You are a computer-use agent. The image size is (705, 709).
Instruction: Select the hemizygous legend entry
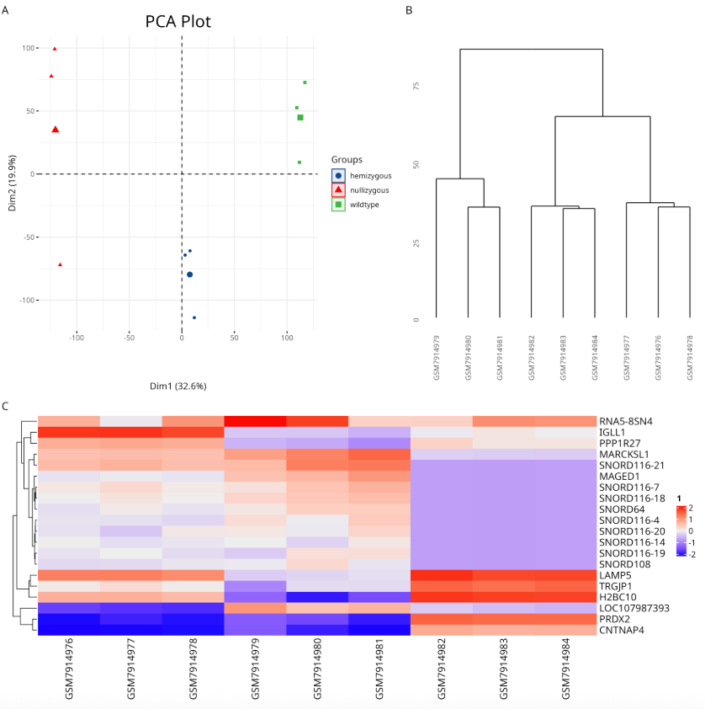tap(370, 175)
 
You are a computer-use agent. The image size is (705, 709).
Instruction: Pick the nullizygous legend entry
tap(370, 190)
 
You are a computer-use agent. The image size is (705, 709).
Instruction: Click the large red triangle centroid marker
tap(56, 130)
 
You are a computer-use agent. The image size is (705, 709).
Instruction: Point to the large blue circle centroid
tap(190, 275)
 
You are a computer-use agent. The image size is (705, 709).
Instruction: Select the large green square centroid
tap(300, 118)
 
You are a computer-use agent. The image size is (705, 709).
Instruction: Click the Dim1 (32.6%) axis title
tap(178, 386)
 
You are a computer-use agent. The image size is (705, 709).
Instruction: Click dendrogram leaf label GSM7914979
tap(437, 358)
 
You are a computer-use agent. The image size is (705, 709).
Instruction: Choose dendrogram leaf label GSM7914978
tap(690, 358)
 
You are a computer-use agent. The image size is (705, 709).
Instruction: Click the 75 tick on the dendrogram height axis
tap(416, 85)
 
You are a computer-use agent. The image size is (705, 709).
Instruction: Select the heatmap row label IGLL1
tap(612, 432)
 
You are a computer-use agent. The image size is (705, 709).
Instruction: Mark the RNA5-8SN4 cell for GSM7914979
tap(255, 420)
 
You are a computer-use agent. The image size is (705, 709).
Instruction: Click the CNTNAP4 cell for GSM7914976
tap(68, 630)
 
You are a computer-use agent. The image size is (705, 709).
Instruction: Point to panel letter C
tap(6, 406)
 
